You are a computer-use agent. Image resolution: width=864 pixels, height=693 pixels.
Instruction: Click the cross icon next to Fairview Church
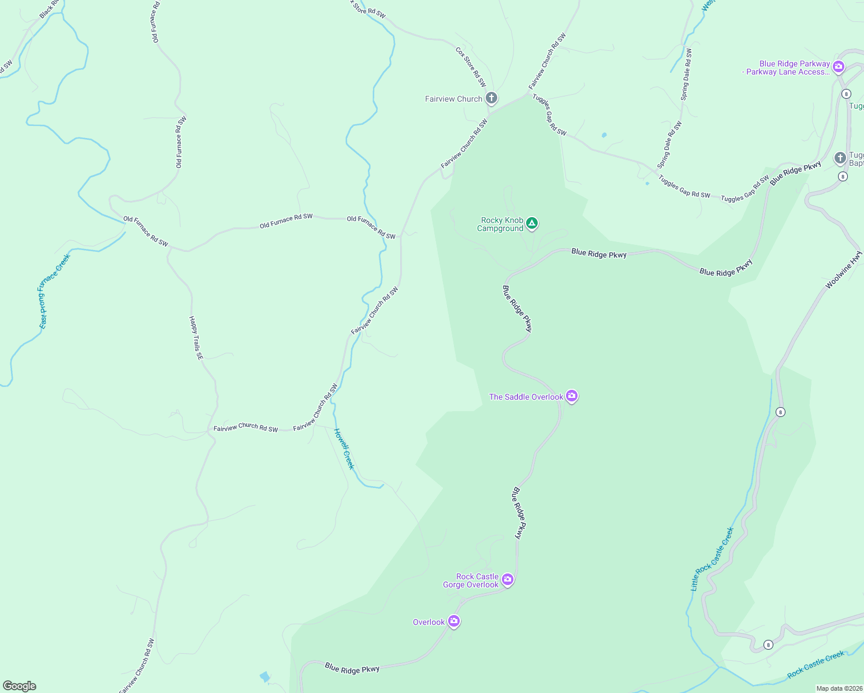(x=491, y=98)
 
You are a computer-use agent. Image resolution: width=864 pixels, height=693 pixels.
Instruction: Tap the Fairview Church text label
(x=453, y=99)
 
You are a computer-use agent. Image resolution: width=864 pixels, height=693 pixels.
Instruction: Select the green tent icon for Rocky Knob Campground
(x=532, y=223)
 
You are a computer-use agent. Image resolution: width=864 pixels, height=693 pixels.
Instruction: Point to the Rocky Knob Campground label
(x=501, y=225)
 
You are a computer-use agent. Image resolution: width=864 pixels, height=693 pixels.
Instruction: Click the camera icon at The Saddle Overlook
(x=572, y=396)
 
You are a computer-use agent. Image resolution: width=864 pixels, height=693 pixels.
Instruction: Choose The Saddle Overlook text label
(x=526, y=397)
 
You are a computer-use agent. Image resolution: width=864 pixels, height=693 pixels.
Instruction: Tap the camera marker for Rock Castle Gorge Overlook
(x=507, y=579)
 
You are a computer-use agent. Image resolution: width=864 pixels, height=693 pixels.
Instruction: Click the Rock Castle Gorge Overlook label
(x=471, y=581)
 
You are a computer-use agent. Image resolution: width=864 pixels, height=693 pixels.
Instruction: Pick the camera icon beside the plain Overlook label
(x=454, y=621)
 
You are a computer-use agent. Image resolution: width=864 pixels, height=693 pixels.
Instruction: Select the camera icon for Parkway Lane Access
(x=839, y=67)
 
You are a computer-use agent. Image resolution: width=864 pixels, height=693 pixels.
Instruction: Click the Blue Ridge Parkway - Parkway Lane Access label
(x=787, y=68)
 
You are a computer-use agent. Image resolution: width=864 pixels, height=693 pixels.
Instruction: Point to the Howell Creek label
(x=344, y=449)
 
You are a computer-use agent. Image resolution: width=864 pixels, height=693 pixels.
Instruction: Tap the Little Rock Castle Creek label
(x=712, y=559)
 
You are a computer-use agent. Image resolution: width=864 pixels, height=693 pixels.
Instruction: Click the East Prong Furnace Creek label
(x=54, y=291)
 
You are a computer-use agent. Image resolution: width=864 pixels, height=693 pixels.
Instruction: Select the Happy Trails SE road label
(x=196, y=338)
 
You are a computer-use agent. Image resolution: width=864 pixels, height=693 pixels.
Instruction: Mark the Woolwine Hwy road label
(x=844, y=270)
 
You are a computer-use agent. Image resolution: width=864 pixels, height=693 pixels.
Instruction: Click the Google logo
(x=20, y=686)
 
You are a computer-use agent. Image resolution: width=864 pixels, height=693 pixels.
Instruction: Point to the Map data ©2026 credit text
(x=839, y=688)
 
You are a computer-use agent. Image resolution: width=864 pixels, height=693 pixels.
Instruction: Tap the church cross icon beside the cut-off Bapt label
(x=840, y=157)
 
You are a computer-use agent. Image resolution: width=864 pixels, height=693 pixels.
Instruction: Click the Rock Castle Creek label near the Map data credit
(x=815, y=665)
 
